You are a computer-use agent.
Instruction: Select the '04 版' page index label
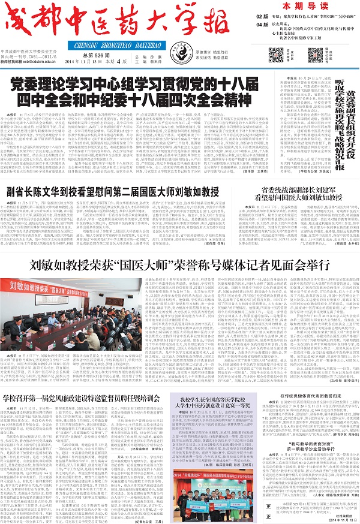[261, 25]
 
